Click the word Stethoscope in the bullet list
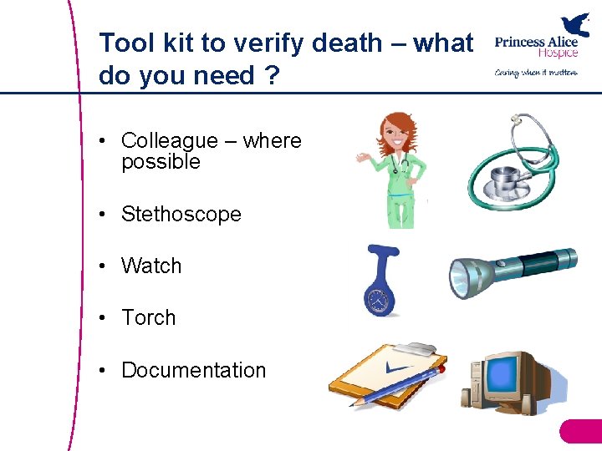(181, 215)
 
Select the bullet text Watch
(151, 266)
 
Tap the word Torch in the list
(149, 318)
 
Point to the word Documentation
(193, 370)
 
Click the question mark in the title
(272, 76)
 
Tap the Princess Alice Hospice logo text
(535, 47)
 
